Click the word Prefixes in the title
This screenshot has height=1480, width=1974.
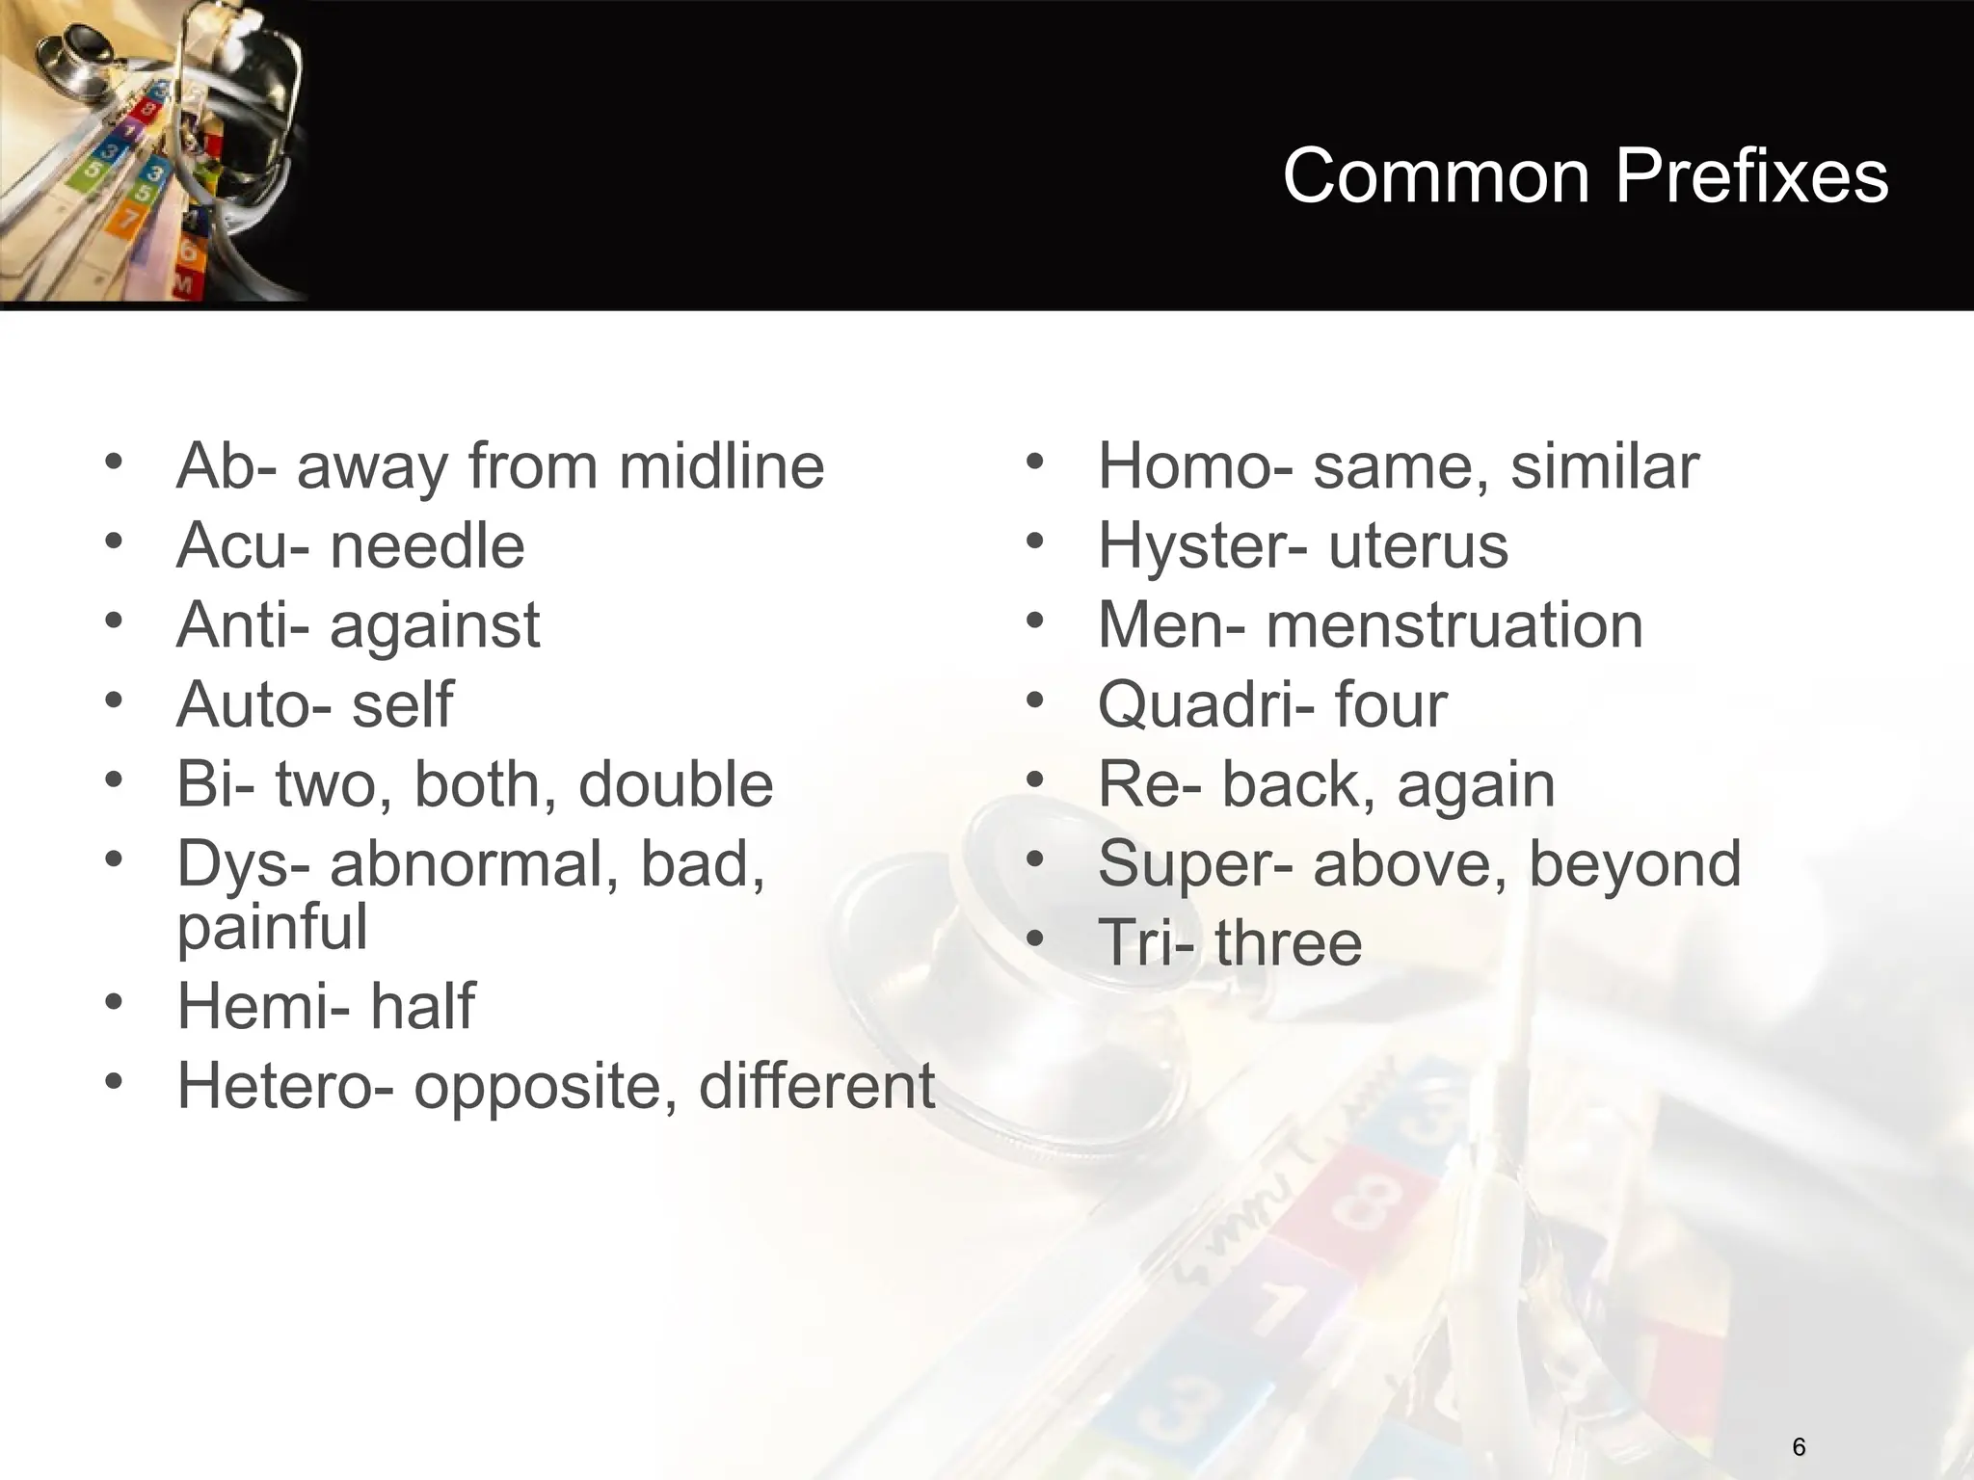click(x=1751, y=176)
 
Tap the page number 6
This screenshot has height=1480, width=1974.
click(x=1799, y=1446)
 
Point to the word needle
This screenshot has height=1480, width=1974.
click(x=427, y=546)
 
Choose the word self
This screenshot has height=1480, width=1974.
click(x=402, y=704)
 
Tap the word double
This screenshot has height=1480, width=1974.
click(x=676, y=783)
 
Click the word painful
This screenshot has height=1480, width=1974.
click(x=273, y=927)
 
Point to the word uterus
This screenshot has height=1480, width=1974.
click(x=1418, y=546)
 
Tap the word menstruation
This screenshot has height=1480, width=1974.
click(x=1454, y=625)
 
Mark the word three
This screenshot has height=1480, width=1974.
click(x=1289, y=942)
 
